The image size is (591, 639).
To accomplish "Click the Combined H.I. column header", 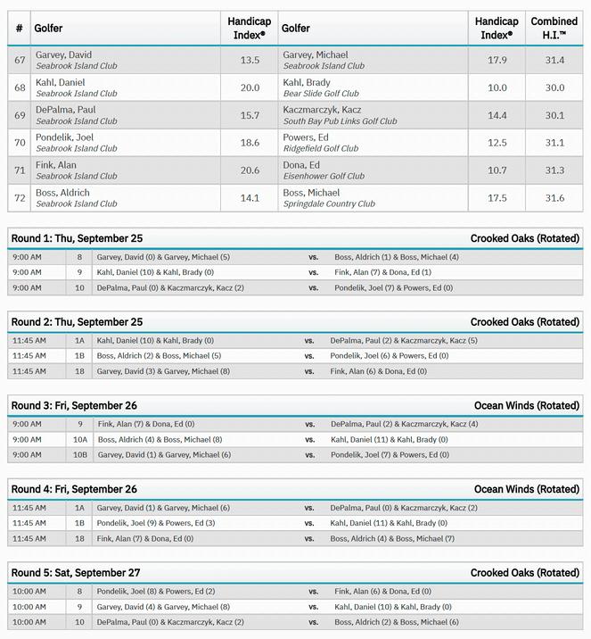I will click(554, 28).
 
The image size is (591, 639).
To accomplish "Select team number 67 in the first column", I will click(20, 60).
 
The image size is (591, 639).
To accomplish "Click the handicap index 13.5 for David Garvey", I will click(250, 60).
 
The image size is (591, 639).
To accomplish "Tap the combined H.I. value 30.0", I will click(554, 87).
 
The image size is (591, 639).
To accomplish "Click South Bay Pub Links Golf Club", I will click(340, 121).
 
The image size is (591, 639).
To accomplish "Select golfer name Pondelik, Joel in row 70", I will click(64, 137).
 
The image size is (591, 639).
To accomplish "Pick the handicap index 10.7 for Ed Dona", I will click(497, 170).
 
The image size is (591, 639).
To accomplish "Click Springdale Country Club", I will click(329, 204).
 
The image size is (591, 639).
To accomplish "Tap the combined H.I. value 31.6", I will click(554, 198).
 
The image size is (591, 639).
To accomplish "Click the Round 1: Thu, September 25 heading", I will click(77, 238).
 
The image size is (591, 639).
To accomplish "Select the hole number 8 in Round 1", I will click(79, 257).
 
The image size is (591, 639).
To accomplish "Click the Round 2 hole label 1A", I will click(79, 340).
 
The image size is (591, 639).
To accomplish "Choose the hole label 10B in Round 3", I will click(80, 454).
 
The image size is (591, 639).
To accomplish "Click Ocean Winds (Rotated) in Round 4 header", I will click(526, 489).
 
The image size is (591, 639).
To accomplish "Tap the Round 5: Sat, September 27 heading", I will click(76, 572).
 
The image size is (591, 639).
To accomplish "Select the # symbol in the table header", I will click(20, 28).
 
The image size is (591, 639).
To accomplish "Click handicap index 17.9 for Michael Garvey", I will click(497, 60).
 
